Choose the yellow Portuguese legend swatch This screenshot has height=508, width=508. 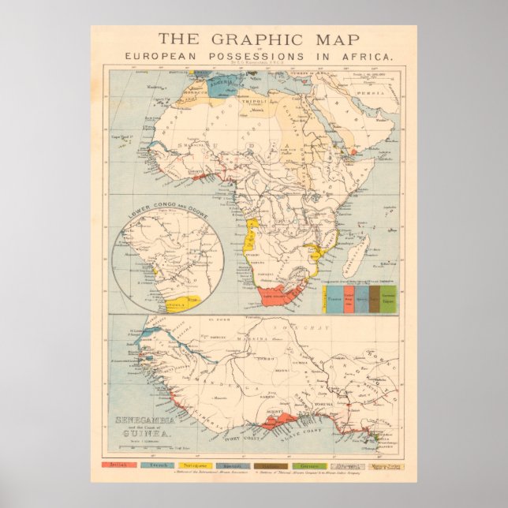tap(194, 466)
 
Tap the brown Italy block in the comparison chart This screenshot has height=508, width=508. tap(375, 300)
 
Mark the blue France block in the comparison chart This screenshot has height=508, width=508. tap(334, 300)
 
